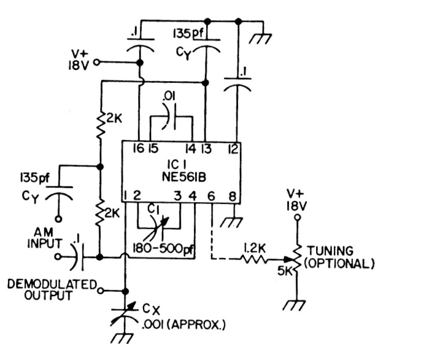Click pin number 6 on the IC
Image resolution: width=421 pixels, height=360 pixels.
point(211,196)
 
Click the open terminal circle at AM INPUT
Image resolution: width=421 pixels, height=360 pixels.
point(58,256)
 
